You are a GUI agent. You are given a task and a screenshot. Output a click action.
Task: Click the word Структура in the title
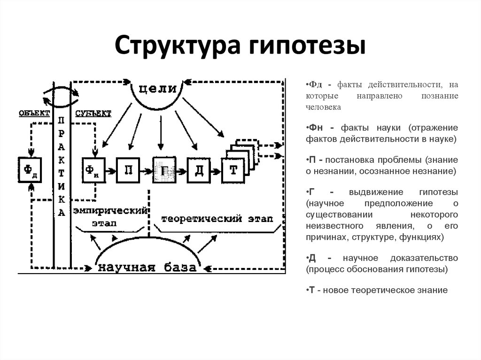tap(177, 46)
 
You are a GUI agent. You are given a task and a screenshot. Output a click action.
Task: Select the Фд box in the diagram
tap(30, 170)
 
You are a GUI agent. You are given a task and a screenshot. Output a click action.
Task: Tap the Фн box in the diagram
tap(94, 170)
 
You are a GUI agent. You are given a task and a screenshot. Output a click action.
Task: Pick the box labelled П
tap(128, 170)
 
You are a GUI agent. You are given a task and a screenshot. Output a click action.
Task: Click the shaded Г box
tap(164, 170)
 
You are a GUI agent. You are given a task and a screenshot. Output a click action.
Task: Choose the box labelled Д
tap(199, 170)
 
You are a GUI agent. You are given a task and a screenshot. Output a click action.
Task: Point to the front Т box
tap(233, 170)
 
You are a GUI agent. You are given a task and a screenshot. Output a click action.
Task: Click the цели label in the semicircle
tap(157, 89)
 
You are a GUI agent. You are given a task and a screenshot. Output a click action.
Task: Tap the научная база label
tap(147, 268)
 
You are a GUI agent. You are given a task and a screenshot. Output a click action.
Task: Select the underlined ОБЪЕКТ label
tap(34, 113)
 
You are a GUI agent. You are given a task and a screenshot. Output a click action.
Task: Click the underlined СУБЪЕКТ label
tap(93, 114)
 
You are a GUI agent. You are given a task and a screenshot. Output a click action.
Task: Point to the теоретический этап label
tap(217, 219)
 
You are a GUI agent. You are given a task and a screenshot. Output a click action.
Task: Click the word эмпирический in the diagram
tap(110, 211)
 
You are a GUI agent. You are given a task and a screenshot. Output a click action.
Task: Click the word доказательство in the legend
tap(424, 258)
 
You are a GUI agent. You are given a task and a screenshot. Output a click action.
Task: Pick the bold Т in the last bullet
tap(312, 290)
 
